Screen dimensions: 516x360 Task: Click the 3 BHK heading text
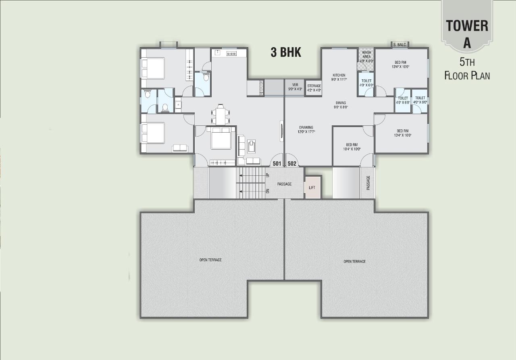pos(286,52)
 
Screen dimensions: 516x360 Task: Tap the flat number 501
pos(277,164)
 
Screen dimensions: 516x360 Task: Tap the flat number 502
pos(292,164)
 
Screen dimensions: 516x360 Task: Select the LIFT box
pos(312,187)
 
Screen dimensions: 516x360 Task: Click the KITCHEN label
pos(339,75)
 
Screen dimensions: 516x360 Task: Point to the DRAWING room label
pos(306,127)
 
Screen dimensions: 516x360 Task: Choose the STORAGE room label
pos(314,86)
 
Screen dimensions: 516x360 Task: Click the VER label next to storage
pos(295,85)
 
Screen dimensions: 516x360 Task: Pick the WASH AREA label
pos(366,54)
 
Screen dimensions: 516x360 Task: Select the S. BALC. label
pos(399,45)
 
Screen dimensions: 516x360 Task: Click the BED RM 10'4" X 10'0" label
pos(352,145)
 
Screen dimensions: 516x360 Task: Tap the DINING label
pos(341,103)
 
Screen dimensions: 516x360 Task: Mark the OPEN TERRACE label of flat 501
pos(210,260)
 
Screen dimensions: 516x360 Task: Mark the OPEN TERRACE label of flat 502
pos(354,262)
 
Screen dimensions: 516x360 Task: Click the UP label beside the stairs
pos(268,175)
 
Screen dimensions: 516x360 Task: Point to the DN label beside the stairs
pos(268,191)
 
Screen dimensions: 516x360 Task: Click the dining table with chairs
pos(221,115)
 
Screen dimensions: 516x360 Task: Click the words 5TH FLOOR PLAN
pos(467,69)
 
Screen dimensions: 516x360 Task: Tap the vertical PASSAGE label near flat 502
pos(368,183)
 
